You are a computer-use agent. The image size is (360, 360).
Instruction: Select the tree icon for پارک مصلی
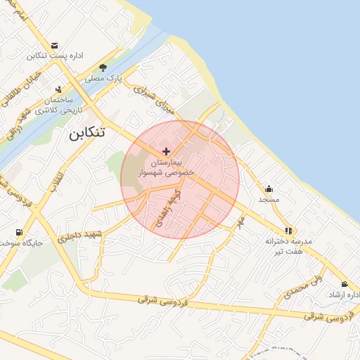tap(103, 68)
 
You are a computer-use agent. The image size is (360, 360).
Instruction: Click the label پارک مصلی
tap(104, 79)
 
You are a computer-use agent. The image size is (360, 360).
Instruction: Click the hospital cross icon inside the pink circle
tap(166, 150)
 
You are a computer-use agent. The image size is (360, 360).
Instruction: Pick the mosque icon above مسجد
tap(269, 188)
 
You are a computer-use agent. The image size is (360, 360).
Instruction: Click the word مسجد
tap(269, 200)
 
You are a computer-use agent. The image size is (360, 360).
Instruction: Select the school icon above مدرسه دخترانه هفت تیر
tap(288, 230)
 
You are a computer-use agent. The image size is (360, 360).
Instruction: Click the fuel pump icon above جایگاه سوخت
tap(18, 232)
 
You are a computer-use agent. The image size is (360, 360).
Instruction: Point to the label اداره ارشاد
tap(343, 295)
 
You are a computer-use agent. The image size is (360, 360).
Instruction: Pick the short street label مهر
tap(240, 222)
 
